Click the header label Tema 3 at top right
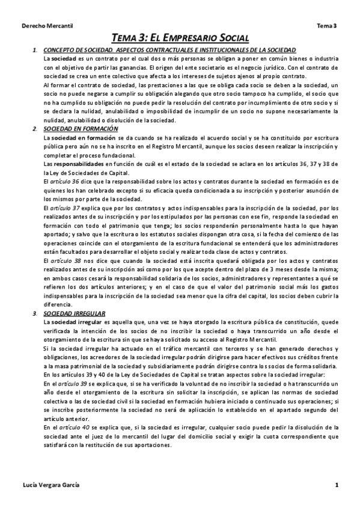click(x=327, y=26)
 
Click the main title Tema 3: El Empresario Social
click(x=180, y=37)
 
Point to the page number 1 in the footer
click(x=337, y=485)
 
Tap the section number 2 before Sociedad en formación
click(x=35, y=129)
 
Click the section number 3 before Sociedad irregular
click(x=35, y=314)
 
